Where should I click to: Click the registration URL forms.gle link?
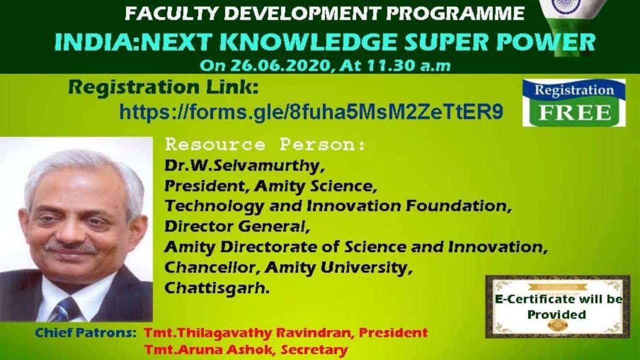[311, 112]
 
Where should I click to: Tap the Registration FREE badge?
[574, 102]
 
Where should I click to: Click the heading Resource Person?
[265, 145]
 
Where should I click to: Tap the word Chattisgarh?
[216, 288]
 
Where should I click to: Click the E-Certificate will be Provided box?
[557, 306]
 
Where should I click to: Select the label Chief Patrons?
[85, 332]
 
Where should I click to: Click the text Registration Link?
[163, 88]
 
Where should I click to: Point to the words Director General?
[234, 226]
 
